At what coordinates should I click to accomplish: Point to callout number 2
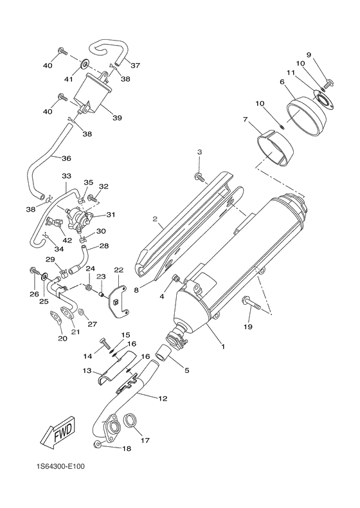click(x=155, y=219)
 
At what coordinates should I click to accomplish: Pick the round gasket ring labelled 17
click(x=131, y=422)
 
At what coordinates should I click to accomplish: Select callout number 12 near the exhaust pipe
click(x=163, y=399)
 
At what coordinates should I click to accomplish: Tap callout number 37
click(x=136, y=65)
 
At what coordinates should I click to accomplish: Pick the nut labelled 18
click(x=97, y=445)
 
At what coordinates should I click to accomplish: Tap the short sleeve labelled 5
click(x=164, y=352)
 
